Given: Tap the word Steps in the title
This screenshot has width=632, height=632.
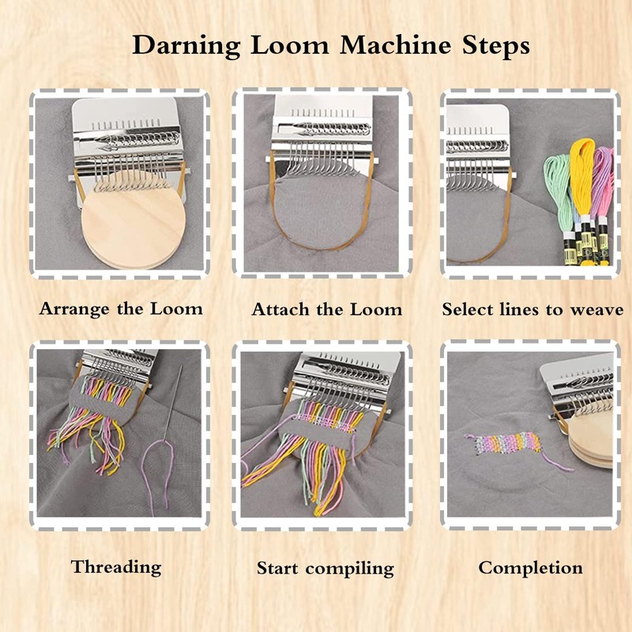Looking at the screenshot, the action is click(x=496, y=47).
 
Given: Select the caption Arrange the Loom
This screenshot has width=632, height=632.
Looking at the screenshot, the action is click(x=121, y=308).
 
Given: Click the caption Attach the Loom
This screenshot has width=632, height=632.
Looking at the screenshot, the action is click(x=326, y=309).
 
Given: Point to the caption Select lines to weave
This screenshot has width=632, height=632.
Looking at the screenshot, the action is click(x=532, y=309).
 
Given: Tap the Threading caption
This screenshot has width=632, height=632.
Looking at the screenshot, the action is click(x=116, y=566).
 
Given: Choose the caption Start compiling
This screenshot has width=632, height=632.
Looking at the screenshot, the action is click(x=325, y=567).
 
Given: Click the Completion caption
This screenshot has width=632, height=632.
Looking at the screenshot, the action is click(x=530, y=566).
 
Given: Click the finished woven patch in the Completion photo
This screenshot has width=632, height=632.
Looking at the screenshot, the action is click(x=502, y=446).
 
